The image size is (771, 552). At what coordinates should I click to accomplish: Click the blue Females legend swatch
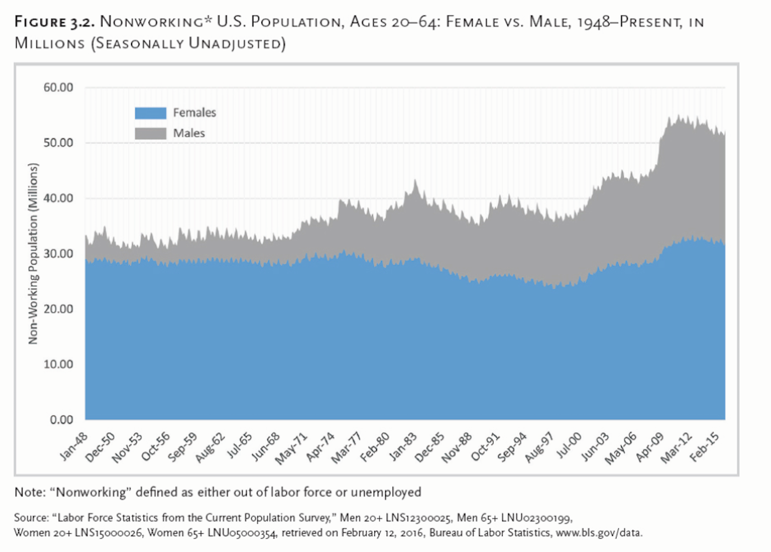150,113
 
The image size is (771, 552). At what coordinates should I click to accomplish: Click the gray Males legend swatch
150,134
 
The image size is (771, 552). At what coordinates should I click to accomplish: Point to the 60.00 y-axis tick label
58,88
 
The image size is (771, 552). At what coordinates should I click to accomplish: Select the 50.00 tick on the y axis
58,143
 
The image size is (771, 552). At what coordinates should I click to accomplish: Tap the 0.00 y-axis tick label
62,420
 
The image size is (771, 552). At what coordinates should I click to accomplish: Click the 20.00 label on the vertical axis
58,309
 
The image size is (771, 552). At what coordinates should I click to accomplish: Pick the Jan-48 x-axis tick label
75,446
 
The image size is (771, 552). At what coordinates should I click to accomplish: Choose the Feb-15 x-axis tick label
705,447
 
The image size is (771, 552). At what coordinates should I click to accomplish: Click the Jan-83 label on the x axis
403,446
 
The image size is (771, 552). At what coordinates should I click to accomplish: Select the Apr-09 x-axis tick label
650,447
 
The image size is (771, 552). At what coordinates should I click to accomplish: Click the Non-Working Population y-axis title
33,254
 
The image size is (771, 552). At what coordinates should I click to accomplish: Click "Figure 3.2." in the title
54,22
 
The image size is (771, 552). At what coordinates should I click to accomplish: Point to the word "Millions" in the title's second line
50,44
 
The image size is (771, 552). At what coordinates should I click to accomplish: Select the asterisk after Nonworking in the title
207,20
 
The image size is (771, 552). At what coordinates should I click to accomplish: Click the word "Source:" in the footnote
31,518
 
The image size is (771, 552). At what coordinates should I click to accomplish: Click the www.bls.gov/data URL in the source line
599,532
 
